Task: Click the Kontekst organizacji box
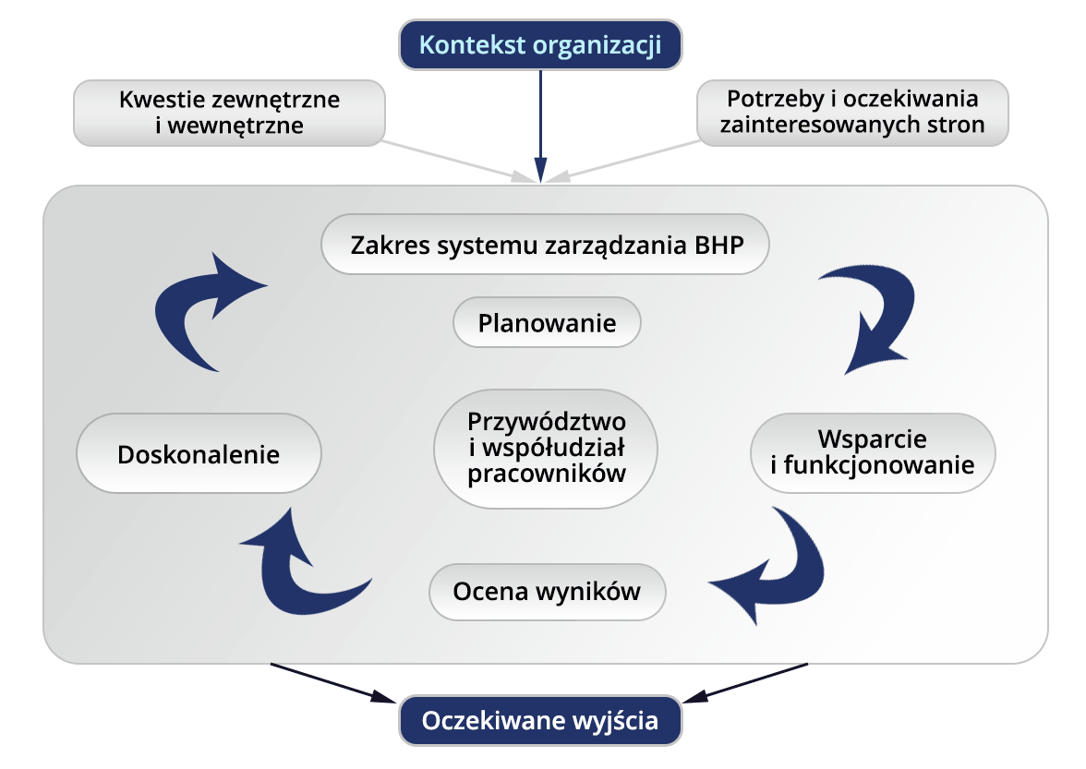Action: tap(540, 44)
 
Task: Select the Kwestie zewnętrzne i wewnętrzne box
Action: tap(229, 112)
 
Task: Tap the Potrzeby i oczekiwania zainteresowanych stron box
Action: tap(851, 112)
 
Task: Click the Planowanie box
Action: tap(547, 323)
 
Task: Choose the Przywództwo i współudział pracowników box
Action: tap(547, 448)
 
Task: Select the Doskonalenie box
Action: tap(199, 454)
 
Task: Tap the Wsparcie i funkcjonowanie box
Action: tap(872, 452)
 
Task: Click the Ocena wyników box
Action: tap(547, 591)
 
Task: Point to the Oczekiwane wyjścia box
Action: tap(540, 721)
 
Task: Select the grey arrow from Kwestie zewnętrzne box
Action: tap(452, 160)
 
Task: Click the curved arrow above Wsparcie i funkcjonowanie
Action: tap(873, 318)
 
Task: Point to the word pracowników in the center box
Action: tap(547, 475)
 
